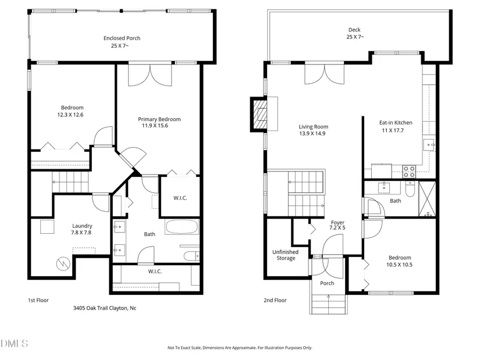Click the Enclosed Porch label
(x=122, y=38)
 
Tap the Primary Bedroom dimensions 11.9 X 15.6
(x=155, y=126)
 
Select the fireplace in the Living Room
(x=259, y=115)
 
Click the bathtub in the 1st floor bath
(x=182, y=227)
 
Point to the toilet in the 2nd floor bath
(x=410, y=189)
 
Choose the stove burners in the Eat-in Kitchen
(x=409, y=172)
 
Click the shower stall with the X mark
(x=427, y=199)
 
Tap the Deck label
(x=354, y=30)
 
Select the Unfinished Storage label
(x=286, y=255)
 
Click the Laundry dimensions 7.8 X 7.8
(x=81, y=233)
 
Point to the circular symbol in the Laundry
(x=63, y=264)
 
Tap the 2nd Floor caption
(x=275, y=300)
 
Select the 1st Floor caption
(x=38, y=300)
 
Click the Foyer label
(x=337, y=223)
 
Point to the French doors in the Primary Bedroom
(x=150, y=74)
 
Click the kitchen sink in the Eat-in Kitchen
(x=429, y=144)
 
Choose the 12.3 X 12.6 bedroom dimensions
(x=70, y=115)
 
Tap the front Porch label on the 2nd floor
(x=327, y=283)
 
